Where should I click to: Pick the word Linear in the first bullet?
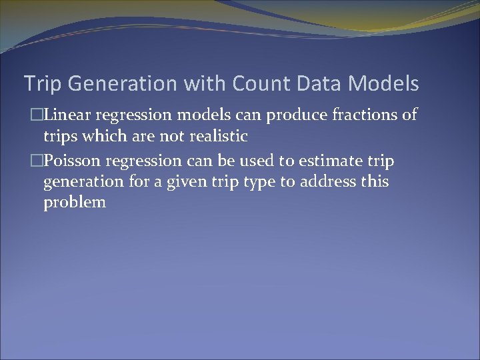(71, 115)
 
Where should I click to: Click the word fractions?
(361, 115)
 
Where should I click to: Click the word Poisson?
(76, 161)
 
